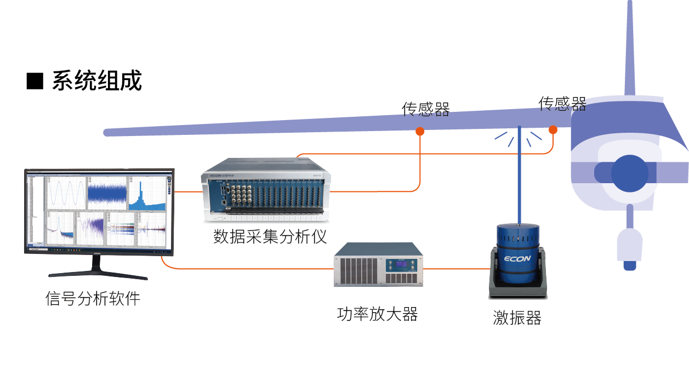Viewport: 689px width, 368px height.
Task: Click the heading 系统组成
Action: [x=97, y=81]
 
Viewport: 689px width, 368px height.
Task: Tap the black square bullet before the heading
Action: [x=35, y=81]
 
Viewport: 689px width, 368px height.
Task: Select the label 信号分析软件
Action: [x=93, y=299]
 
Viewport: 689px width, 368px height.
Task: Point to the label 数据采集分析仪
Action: [x=270, y=236]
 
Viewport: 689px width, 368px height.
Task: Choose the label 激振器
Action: [x=517, y=318]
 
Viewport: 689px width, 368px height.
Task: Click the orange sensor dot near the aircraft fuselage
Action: [x=553, y=130]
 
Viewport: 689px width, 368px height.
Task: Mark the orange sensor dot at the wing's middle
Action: [x=420, y=131]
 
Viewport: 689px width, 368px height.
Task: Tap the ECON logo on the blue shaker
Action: [x=517, y=258]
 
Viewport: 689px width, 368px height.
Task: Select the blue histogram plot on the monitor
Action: [x=147, y=195]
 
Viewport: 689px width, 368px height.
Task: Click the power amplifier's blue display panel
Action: [x=403, y=266]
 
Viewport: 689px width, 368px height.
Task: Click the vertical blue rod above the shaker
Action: [x=519, y=175]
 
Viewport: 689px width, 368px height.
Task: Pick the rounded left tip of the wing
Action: [x=107, y=132]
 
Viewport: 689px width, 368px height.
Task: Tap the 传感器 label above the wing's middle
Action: [x=426, y=109]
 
